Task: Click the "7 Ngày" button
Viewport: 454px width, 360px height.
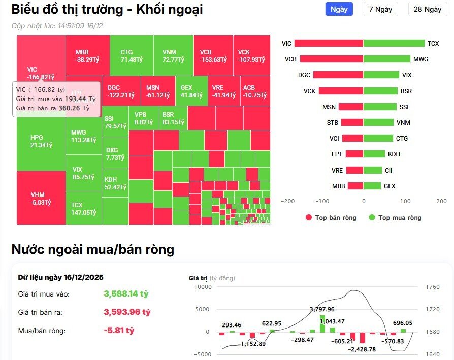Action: click(380, 9)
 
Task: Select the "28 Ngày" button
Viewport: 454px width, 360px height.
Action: click(427, 9)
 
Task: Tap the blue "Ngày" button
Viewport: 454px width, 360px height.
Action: click(339, 9)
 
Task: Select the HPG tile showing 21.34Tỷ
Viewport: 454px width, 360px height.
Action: click(41, 141)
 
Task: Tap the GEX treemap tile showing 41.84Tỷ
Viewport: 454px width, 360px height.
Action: click(191, 91)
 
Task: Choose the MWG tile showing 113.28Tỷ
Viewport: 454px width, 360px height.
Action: click(83, 136)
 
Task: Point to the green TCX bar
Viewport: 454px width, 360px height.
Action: click(394, 44)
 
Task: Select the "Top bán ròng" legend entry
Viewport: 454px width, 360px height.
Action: click(331, 218)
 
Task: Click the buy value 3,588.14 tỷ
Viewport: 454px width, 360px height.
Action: click(126, 294)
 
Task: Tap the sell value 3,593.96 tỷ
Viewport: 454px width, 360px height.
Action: click(127, 312)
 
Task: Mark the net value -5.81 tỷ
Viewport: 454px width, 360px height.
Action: click(118, 330)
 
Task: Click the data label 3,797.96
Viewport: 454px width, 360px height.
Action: click(322, 309)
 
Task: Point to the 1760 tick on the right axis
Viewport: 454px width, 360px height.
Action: click(433, 287)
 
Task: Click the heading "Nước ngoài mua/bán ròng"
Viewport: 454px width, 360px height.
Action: click(92, 249)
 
